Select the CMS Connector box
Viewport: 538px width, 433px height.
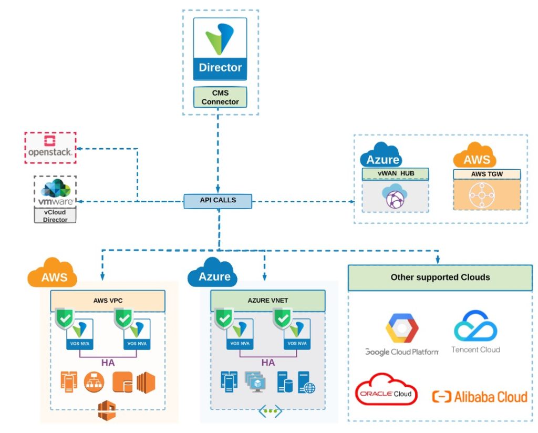pos(220,97)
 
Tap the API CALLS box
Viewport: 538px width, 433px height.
pos(218,200)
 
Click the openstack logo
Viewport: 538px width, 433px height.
pos(50,147)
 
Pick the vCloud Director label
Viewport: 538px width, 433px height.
pos(55,216)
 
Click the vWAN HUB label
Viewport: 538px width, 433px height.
pos(395,173)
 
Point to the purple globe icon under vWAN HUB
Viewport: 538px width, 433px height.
pos(395,197)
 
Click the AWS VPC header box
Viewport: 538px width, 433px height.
pos(108,301)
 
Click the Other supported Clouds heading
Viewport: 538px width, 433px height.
pos(440,277)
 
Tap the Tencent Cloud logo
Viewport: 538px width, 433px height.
pos(475,331)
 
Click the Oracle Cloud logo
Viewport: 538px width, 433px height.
pos(385,390)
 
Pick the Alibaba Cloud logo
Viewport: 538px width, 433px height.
pos(479,396)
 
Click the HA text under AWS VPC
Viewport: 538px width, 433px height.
pos(108,363)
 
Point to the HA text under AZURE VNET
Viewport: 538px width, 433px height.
pos(268,363)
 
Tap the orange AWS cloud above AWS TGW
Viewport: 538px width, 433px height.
pos(476,155)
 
